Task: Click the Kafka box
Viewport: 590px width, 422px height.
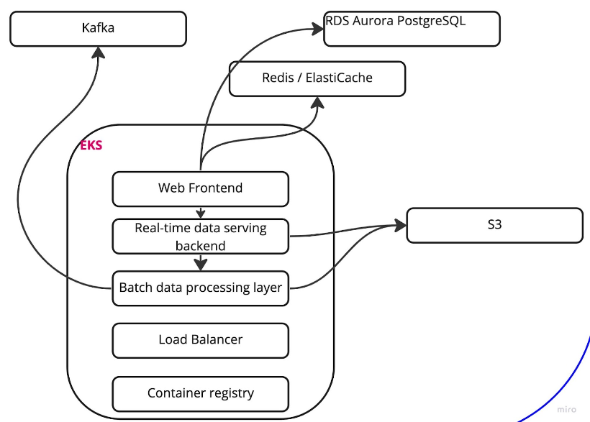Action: [x=98, y=29]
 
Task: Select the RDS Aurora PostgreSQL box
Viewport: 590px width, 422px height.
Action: [x=412, y=29]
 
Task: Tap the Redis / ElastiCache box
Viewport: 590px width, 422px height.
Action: [x=317, y=78]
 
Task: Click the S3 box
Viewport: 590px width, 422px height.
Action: [x=494, y=225]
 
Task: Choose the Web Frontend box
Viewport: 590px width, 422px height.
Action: [x=200, y=189]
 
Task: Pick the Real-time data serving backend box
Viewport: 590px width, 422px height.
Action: [x=200, y=237]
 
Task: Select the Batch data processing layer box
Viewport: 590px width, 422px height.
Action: [x=200, y=288]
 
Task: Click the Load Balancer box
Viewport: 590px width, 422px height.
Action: [x=200, y=340]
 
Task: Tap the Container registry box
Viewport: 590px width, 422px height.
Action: [x=200, y=393]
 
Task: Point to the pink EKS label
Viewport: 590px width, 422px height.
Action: [x=91, y=145]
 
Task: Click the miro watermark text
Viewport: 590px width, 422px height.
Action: [x=566, y=409]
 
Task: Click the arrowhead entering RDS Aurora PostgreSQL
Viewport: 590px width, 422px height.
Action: [x=317, y=29]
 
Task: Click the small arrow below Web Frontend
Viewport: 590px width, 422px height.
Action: [x=201, y=214]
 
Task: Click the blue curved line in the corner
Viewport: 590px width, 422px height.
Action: [x=568, y=381]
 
